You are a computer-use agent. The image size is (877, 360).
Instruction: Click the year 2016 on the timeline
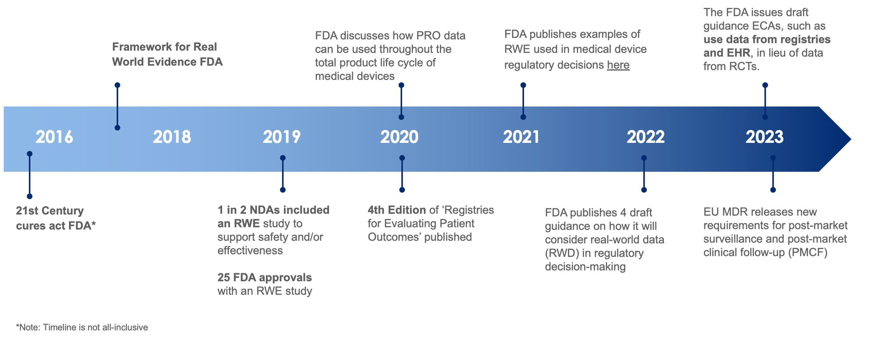pos(54,137)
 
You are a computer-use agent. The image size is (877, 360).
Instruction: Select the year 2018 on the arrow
pos(172,137)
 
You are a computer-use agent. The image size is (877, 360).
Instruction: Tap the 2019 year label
pos(282,137)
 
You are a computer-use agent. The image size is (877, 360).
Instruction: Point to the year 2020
pos(399,137)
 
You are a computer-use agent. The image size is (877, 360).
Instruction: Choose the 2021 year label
pos(521,137)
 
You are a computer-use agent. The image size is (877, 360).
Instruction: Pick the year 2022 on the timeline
pos(645,137)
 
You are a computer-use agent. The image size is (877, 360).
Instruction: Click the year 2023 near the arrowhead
pos(764,137)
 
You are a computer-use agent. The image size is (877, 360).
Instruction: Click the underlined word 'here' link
pos(618,65)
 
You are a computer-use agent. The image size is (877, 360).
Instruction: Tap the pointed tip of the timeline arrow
pos(851,139)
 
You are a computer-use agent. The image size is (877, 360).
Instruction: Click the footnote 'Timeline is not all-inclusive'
pos(95,327)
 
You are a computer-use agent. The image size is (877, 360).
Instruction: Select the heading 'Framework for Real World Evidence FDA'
pos(167,54)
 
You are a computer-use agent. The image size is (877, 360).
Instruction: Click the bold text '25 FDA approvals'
pos(264,278)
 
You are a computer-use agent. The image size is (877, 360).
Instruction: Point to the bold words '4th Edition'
pos(397,210)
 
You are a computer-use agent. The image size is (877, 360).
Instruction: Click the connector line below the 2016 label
pos(30,175)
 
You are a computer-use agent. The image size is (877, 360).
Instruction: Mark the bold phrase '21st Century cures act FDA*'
pos(56,218)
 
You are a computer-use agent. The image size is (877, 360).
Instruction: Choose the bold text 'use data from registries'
pos(767,39)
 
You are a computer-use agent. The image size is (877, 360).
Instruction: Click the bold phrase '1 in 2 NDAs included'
pos(273,210)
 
